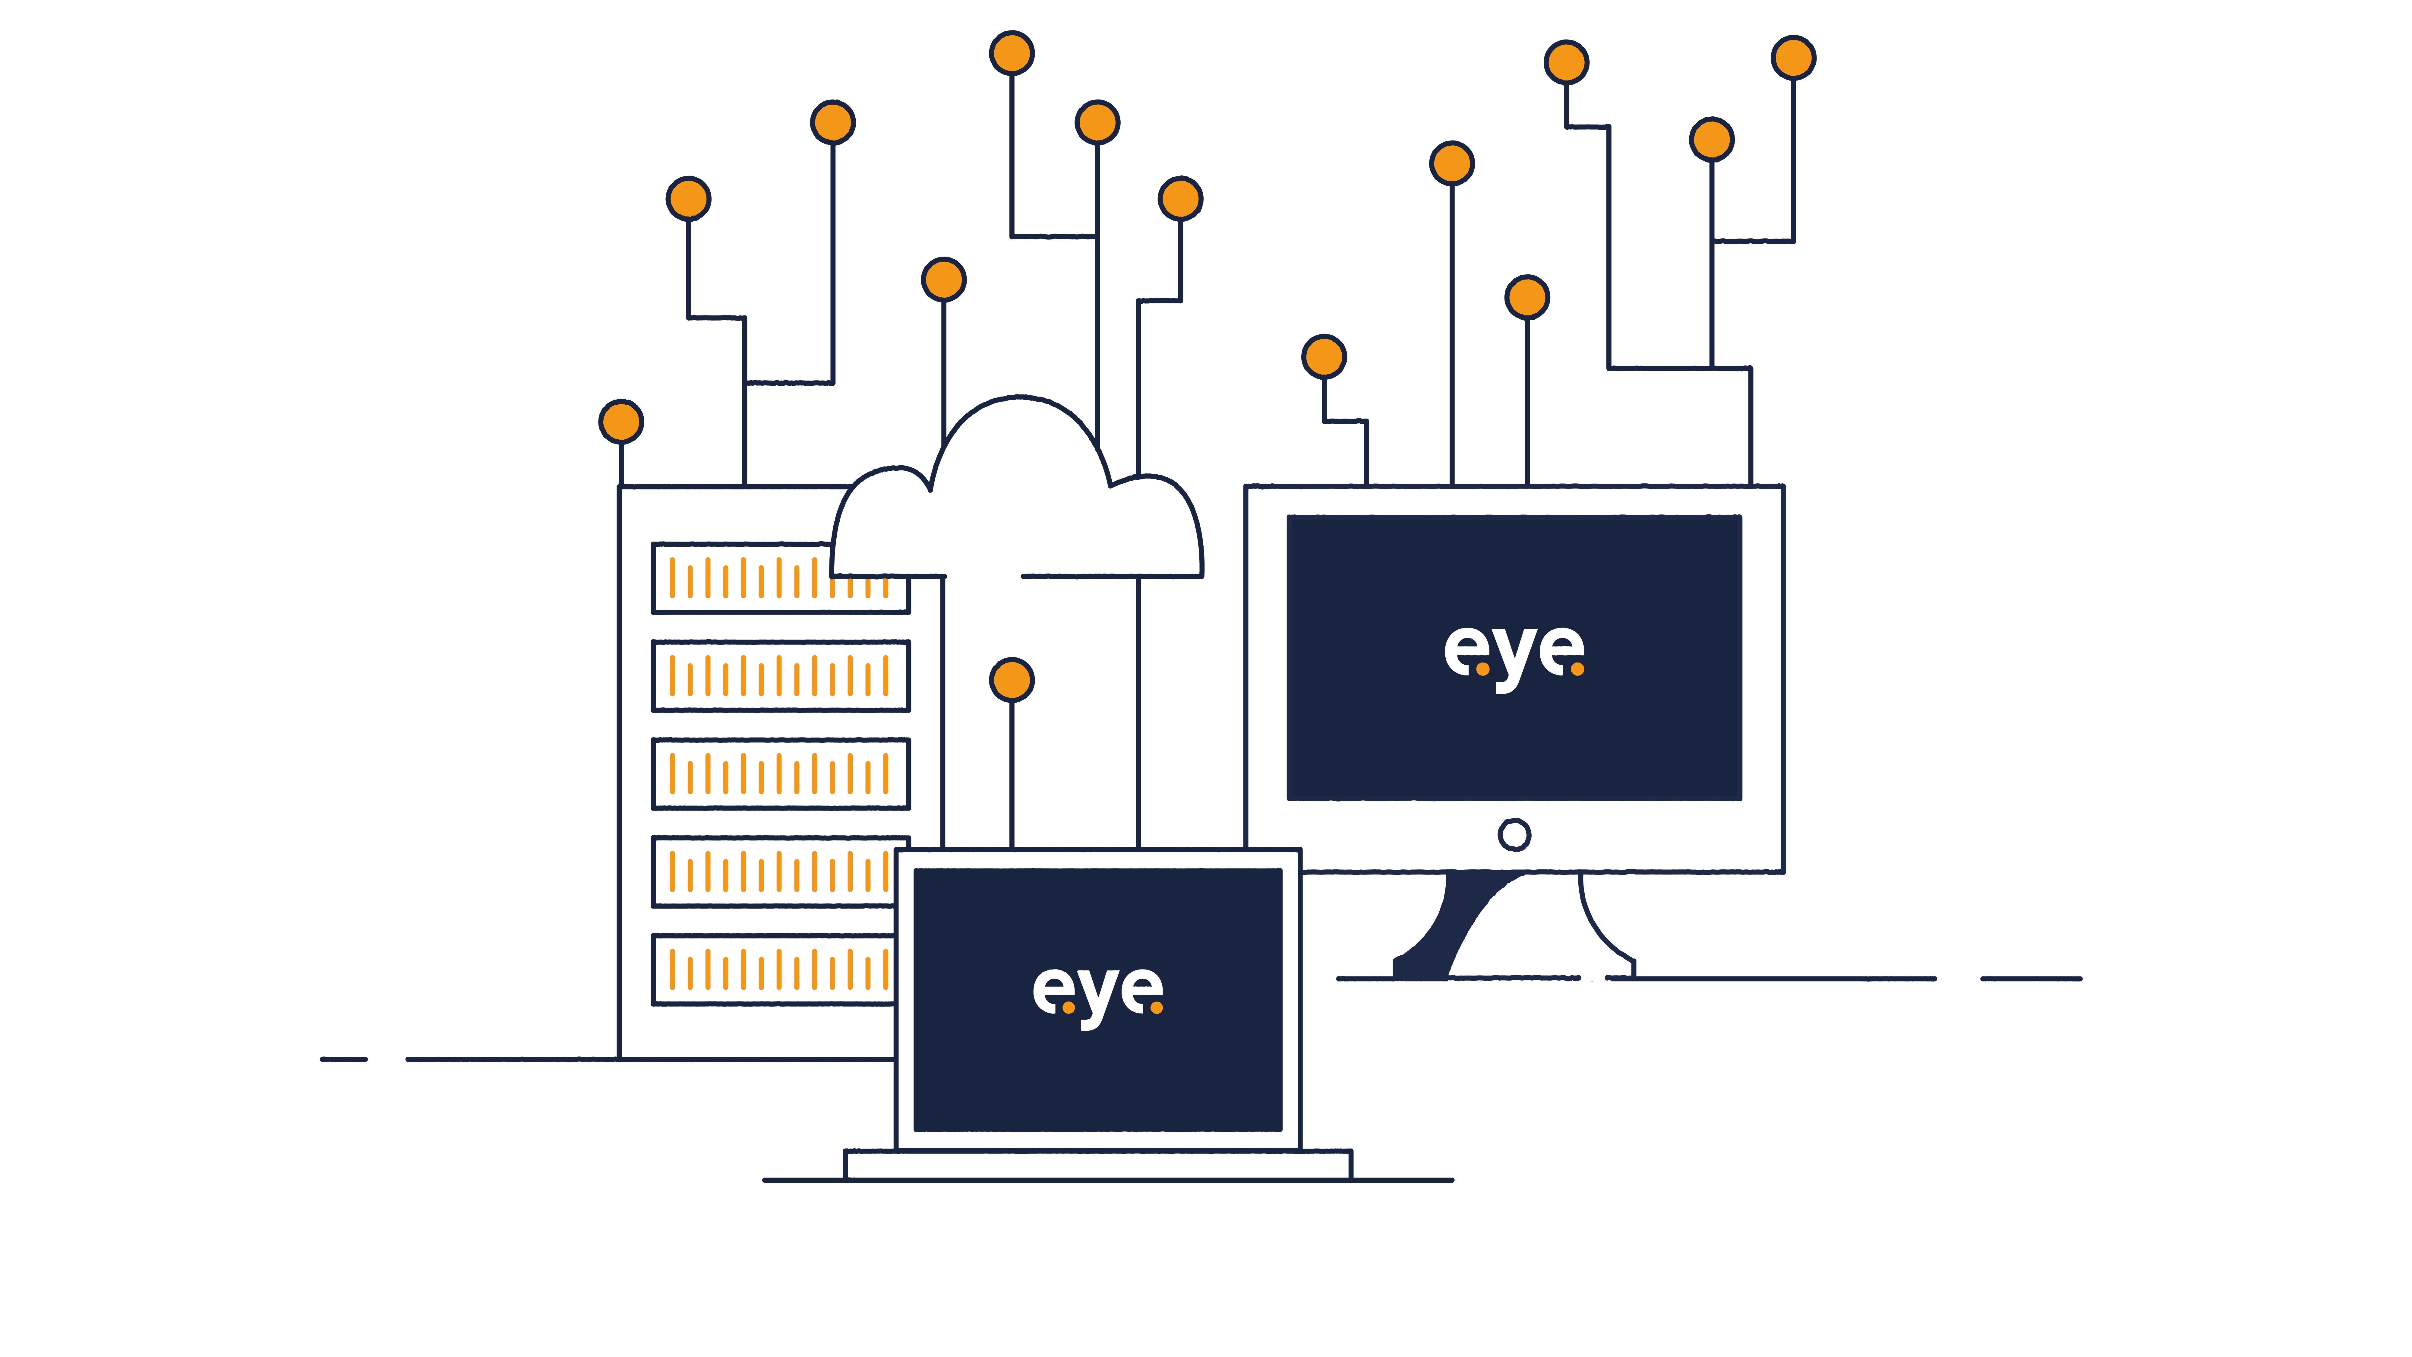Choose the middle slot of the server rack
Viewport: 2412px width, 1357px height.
coord(780,773)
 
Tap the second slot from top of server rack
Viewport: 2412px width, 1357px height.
coord(780,675)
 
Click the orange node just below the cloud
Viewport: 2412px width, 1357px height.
coord(1011,680)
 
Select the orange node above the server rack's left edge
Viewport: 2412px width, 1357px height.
coord(621,422)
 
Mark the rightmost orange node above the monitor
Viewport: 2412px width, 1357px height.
coord(1793,58)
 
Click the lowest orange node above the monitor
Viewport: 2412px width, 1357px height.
coord(1324,357)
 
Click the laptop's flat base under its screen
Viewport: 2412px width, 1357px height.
coord(1097,1164)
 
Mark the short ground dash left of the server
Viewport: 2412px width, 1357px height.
coord(344,1059)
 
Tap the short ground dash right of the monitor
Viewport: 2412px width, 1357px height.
coord(2030,979)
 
